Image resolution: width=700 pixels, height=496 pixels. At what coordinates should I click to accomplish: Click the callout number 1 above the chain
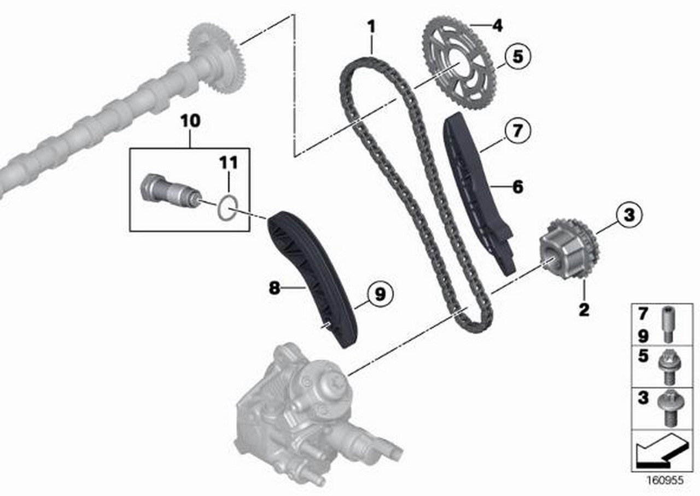(371, 27)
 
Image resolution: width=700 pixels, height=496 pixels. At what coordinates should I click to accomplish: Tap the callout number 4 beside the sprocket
(497, 25)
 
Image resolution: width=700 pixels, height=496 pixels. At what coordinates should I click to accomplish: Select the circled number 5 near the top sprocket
(518, 56)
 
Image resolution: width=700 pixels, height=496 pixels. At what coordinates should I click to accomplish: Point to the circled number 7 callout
(517, 130)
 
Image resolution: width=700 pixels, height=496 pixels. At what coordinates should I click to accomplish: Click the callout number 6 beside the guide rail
(518, 187)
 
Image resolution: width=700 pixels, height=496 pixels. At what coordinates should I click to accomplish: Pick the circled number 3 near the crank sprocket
(629, 215)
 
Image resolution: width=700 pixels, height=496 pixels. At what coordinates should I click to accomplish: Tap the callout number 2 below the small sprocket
(584, 310)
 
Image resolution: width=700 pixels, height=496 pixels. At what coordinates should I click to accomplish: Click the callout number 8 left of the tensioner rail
(275, 287)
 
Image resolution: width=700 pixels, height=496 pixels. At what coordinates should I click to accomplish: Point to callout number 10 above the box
(190, 120)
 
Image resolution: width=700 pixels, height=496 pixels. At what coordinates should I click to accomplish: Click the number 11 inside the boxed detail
(229, 162)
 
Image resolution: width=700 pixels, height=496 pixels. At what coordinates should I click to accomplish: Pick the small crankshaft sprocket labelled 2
(569, 249)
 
